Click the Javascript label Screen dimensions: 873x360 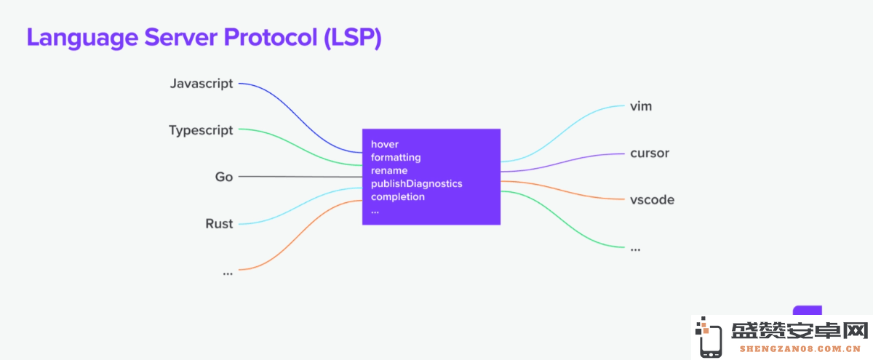pyautogui.click(x=202, y=84)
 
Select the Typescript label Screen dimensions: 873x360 pyautogui.click(x=201, y=130)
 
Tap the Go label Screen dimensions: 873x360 pyautogui.click(x=224, y=177)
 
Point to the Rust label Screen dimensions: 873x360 pyautogui.click(x=219, y=224)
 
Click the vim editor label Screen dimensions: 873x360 pyautogui.click(x=641, y=106)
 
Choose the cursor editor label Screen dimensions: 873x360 pyautogui.click(x=650, y=153)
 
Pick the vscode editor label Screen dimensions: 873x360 pyautogui.click(x=652, y=199)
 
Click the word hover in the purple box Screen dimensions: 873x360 pyautogui.click(x=385, y=144)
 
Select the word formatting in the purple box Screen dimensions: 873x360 pyautogui.click(x=396, y=157)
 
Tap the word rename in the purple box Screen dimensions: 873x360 pyautogui.click(x=389, y=171)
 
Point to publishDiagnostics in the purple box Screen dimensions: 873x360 pyautogui.click(x=416, y=183)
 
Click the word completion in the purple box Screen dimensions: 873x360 pyautogui.click(x=397, y=197)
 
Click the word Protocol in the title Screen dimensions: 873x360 pyautogui.click(x=271, y=37)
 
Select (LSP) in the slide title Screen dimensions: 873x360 pyautogui.click(x=353, y=38)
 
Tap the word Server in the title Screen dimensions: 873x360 pyautogui.click(x=181, y=37)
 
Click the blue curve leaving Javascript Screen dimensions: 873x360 pyautogui.click(x=300, y=119)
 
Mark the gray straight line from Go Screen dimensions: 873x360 pyautogui.click(x=300, y=177)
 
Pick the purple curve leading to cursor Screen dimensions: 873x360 pyautogui.click(x=562, y=161)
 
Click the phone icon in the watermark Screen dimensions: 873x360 pyautogui.click(x=709, y=337)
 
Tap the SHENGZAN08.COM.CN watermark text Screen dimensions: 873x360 pyautogui.click(x=800, y=349)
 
